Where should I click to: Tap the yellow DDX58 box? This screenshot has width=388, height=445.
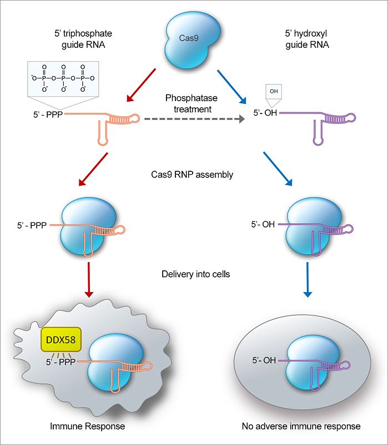(61, 338)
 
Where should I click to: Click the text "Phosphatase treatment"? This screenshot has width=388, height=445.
(188, 103)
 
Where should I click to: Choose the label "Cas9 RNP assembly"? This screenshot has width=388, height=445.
(192, 174)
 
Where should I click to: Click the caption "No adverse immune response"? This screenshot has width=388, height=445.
(301, 427)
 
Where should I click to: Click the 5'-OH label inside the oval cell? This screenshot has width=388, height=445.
(263, 360)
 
